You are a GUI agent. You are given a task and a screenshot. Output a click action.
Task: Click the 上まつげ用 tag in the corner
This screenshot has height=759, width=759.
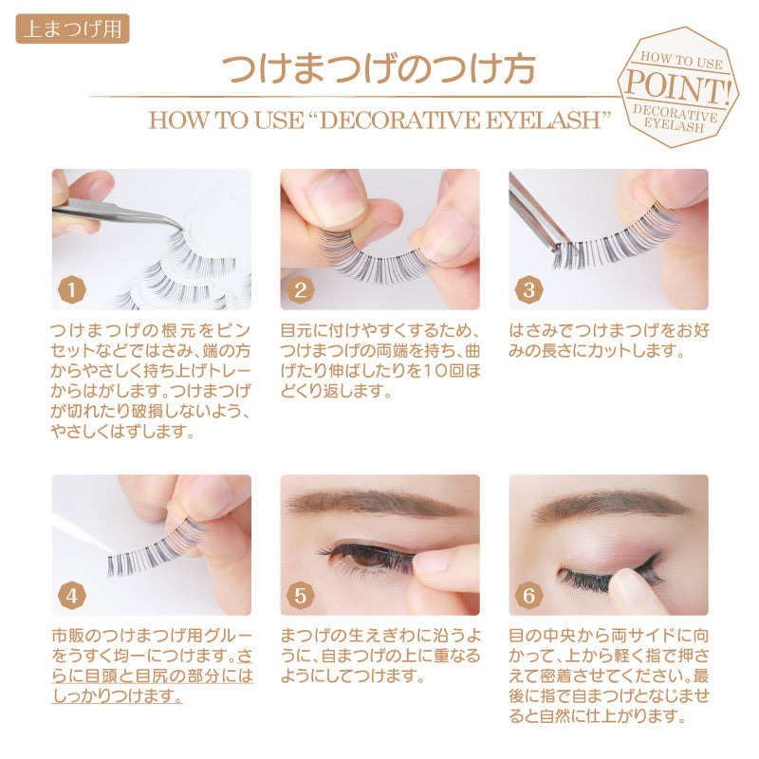tap(72, 28)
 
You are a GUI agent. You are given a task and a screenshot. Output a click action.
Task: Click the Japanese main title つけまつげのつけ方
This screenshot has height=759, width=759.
tap(379, 68)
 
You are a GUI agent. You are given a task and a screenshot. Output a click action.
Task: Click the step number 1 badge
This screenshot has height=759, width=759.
tap(72, 290)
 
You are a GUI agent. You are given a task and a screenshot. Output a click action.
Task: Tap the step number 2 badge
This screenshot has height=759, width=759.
tap(300, 290)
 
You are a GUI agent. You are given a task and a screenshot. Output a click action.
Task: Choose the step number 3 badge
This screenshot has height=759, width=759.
tap(528, 290)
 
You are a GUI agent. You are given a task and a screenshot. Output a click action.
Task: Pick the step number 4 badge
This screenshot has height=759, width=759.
tap(72, 596)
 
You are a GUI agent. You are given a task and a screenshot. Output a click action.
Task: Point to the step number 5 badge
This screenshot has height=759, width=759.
tap(300, 596)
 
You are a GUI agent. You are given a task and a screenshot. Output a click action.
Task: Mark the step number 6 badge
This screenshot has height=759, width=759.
tap(528, 596)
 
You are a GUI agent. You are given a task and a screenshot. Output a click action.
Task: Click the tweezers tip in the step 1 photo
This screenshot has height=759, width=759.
tap(180, 228)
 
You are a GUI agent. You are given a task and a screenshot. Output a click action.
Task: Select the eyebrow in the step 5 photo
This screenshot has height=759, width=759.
tap(374, 504)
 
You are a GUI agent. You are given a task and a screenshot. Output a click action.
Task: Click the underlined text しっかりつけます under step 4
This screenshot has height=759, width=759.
tap(118, 695)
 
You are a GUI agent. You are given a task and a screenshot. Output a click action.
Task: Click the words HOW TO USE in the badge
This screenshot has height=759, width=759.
tap(681, 60)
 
